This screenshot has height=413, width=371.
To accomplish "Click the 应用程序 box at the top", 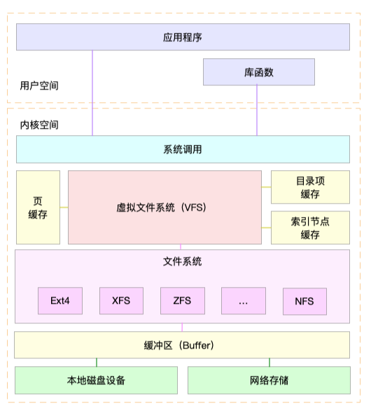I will click(x=183, y=37).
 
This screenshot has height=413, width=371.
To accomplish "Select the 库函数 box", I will click(x=258, y=72).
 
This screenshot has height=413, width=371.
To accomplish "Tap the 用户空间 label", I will click(x=39, y=86).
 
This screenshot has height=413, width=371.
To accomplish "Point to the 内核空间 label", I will click(x=39, y=125).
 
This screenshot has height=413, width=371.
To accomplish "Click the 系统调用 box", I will click(x=183, y=149).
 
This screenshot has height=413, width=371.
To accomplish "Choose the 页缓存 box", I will click(x=38, y=207).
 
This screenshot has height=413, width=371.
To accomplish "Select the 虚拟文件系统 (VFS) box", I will click(x=164, y=207).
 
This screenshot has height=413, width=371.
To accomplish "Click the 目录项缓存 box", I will click(x=310, y=188).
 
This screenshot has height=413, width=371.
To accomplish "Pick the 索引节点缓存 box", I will click(x=310, y=227).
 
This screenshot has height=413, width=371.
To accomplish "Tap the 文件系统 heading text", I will click(x=182, y=262).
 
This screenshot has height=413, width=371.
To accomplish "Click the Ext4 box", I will click(x=60, y=301).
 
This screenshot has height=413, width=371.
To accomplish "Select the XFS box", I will click(x=121, y=301).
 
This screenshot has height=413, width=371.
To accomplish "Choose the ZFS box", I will click(x=182, y=301).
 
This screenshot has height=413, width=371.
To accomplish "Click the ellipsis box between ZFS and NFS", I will click(x=243, y=301).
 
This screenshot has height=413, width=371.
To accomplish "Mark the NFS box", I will click(x=304, y=302).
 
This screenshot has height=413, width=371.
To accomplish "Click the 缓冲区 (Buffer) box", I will click(x=183, y=345).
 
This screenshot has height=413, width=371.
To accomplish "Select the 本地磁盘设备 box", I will click(x=97, y=380).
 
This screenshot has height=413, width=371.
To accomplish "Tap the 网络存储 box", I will click(x=269, y=380).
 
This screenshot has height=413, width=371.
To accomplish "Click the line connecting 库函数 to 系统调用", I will click(x=257, y=112).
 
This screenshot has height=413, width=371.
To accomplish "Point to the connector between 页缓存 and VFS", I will click(x=64, y=207).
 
